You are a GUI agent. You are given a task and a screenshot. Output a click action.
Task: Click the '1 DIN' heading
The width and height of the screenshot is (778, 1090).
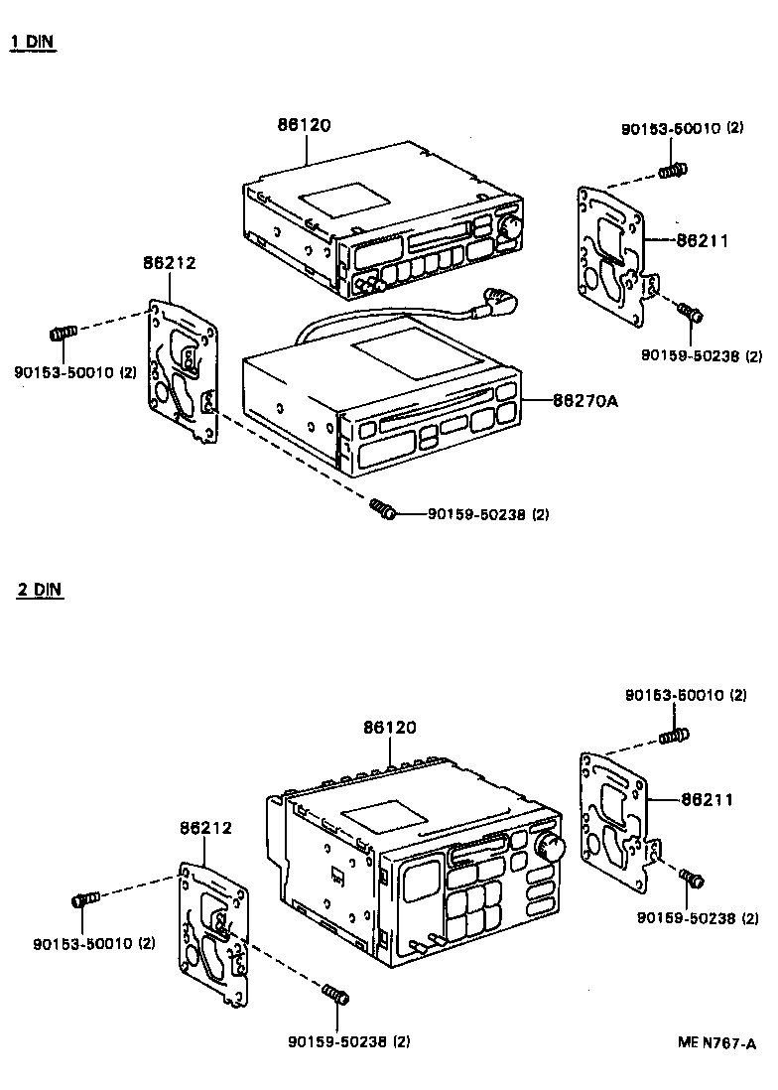click(32, 43)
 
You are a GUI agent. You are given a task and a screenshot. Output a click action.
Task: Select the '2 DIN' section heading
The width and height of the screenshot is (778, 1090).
click(39, 589)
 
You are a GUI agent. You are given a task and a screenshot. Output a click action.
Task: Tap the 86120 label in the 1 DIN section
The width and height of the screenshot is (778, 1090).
click(304, 125)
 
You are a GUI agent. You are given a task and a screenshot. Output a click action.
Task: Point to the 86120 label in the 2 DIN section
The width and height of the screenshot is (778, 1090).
click(389, 728)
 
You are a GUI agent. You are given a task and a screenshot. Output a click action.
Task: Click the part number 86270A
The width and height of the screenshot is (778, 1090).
click(585, 400)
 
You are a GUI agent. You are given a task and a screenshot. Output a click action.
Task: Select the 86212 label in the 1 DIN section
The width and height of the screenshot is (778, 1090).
click(169, 263)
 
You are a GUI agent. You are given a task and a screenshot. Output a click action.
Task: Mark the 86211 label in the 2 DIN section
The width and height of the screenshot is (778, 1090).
click(708, 798)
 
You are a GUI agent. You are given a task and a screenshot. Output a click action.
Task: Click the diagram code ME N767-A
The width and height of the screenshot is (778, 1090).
click(716, 1042)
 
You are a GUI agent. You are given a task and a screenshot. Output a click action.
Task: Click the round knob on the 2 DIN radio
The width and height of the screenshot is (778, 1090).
click(549, 847)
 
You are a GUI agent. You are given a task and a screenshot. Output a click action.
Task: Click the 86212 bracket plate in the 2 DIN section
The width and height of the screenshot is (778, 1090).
click(215, 936)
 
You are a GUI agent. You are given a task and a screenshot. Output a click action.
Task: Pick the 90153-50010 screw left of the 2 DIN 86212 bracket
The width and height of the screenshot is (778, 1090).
click(86, 899)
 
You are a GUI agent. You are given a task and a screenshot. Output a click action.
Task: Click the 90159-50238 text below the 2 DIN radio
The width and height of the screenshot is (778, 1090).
click(347, 1041)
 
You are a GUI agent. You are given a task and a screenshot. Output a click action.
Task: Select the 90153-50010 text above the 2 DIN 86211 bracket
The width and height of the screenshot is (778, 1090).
click(685, 696)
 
